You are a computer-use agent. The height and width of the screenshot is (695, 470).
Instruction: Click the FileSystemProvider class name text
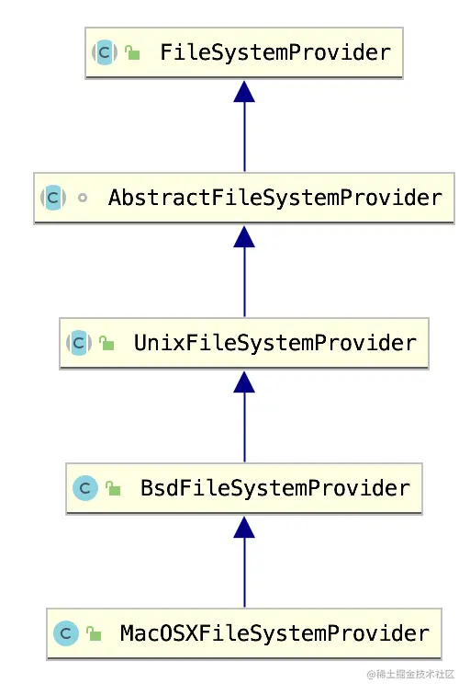(x=275, y=52)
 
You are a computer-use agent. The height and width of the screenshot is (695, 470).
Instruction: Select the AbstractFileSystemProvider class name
(x=275, y=198)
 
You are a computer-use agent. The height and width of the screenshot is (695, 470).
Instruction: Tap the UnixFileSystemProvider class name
(x=275, y=343)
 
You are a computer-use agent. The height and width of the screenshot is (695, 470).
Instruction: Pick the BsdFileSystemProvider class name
(x=275, y=488)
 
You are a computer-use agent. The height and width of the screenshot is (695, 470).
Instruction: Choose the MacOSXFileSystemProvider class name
(x=274, y=633)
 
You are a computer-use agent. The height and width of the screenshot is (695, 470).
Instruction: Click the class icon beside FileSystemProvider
(x=104, y=52)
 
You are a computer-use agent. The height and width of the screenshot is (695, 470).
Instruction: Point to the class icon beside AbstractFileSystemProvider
(x=52, y=198)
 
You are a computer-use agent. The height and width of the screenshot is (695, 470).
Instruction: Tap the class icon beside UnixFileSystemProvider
(x=78, y=343)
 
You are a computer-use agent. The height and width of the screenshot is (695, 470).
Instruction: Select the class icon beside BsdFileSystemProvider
(x=85, y=488)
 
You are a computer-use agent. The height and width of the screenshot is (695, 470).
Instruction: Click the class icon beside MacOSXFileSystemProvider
(x=65, y=633)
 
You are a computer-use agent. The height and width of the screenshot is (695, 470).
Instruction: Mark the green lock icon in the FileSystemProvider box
(x=133, y=53)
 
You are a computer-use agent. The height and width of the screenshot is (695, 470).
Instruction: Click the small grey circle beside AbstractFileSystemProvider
(x=83, y=198)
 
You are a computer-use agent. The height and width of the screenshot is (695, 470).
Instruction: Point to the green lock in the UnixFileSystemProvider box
(x=107, y=344)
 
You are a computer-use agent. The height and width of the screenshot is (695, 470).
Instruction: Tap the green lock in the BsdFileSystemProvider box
(x=114, y=489)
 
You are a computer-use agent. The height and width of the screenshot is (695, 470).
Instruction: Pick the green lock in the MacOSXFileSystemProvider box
(x=94, y=634)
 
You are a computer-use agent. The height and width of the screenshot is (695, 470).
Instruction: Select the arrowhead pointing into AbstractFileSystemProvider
(x=244, y=237)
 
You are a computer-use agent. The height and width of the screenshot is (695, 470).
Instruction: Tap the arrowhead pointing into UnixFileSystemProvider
(x=244, y=382)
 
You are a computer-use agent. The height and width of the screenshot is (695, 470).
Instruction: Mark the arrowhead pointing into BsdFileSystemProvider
(x=244, y=528)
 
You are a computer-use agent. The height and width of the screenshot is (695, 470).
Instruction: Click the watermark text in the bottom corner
(x=410, y=675)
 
